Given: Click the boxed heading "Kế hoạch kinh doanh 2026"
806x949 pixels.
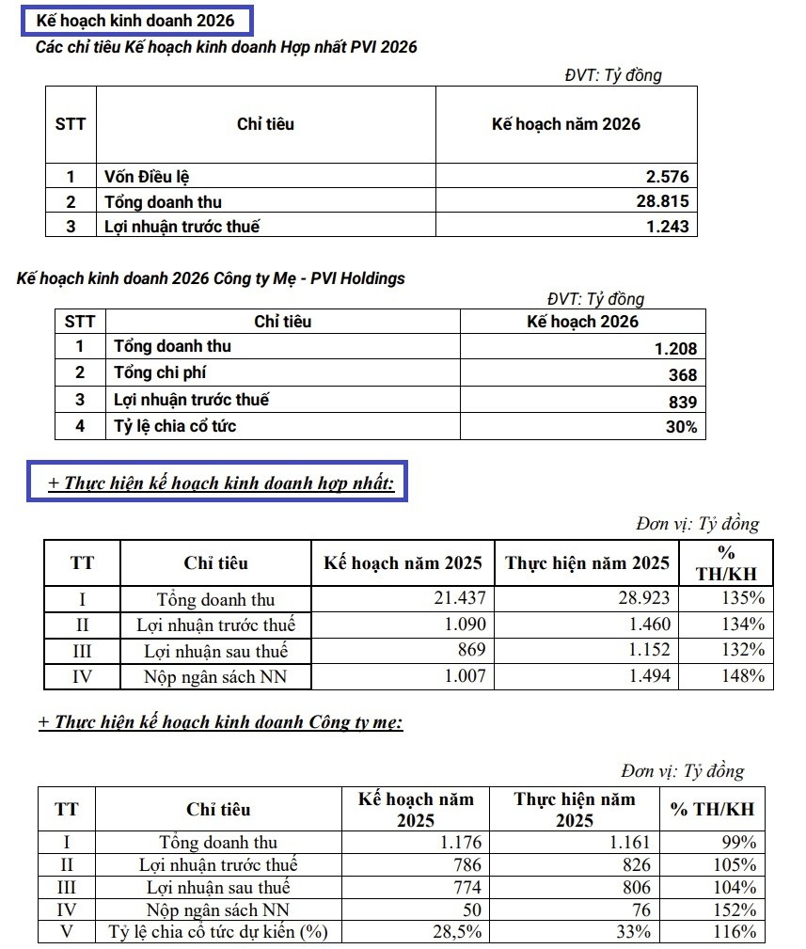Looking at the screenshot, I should coord(136,20).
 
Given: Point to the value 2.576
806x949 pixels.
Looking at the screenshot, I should coord(666,177).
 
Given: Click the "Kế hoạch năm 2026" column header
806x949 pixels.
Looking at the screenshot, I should coord(565,124).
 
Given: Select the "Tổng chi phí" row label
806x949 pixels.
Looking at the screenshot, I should coord(162,373).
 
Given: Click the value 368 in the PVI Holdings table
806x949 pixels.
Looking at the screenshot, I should coord(681,375).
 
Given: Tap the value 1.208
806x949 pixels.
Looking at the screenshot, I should coord(674,349).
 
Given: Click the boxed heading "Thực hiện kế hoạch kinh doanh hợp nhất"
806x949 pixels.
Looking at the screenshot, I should coord(220,483).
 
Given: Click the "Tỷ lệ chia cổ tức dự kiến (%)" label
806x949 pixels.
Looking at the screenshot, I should coord(218,932).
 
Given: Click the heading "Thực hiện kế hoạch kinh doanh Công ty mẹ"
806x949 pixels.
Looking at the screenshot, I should coord(220,722).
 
